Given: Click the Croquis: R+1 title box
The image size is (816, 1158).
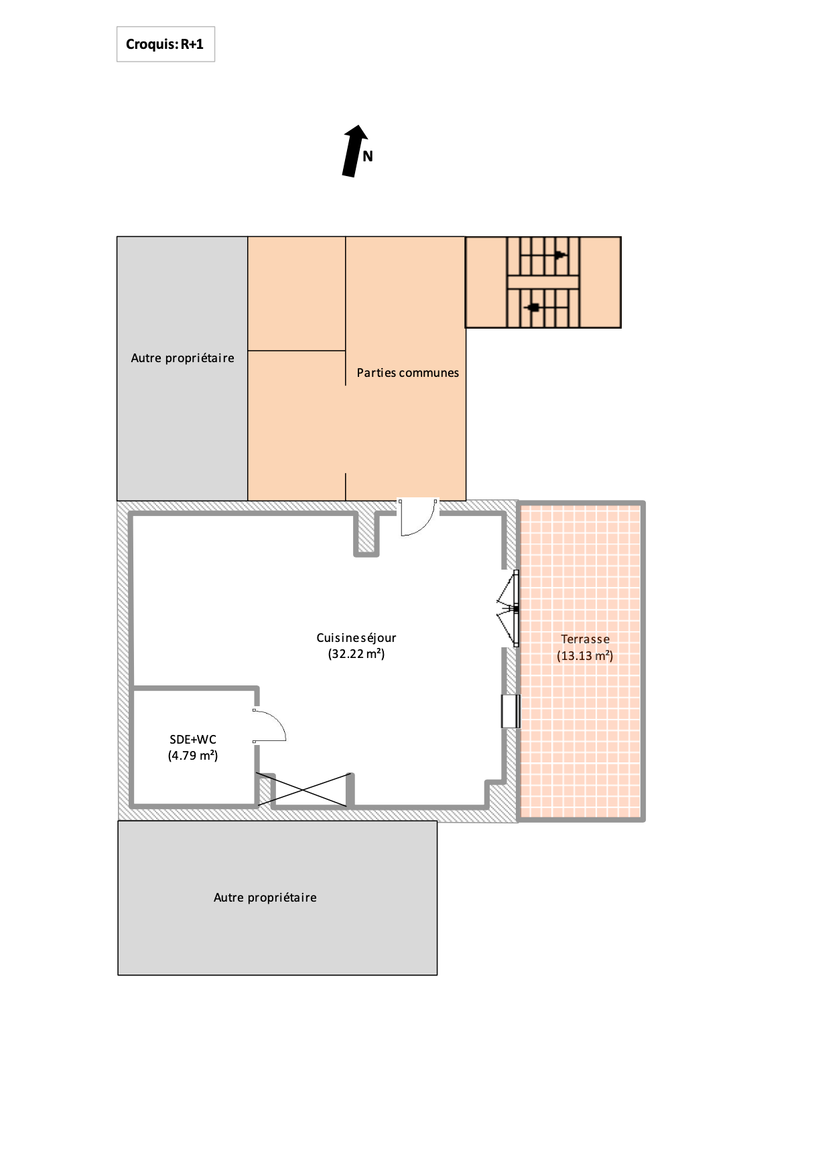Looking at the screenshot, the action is click(165, 44).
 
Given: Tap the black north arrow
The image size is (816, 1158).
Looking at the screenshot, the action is click(355, 151).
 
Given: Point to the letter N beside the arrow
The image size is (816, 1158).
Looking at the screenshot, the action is click(368, 157).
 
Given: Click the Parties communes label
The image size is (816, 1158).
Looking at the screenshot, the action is click(407, 373).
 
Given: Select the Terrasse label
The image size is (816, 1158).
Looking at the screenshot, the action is click(586, 639).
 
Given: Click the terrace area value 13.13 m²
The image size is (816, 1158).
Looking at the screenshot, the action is click(585, 656).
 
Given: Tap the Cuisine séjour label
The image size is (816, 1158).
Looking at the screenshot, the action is click(356, 638).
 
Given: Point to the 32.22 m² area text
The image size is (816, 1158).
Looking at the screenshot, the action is click(356, 654).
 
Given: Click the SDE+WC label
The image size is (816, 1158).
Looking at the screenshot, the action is click(193, 740).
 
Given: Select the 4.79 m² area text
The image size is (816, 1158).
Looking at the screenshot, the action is click(193, 756).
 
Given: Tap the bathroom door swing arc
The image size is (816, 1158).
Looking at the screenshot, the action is click(270, 726).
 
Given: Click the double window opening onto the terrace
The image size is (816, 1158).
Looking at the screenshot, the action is click(509, 608).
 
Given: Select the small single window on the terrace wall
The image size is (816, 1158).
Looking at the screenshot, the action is click(511, 711).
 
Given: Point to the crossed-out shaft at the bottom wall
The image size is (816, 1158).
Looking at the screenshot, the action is click(303, 790).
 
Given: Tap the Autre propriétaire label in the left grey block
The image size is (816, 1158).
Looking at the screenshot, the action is click(183, 358).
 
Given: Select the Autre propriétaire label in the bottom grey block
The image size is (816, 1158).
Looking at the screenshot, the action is click(265, 898).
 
